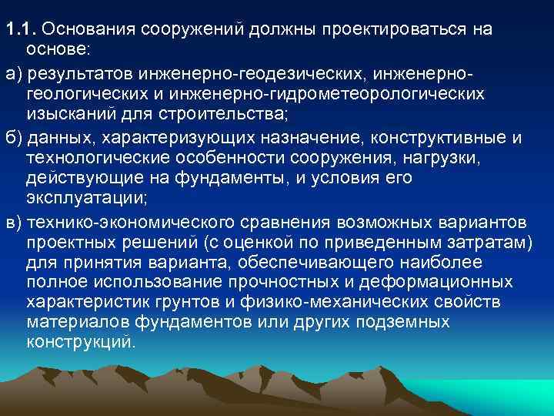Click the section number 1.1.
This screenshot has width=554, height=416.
click(x=21, y=29)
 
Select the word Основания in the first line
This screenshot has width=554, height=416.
click(x=85, y=29)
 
